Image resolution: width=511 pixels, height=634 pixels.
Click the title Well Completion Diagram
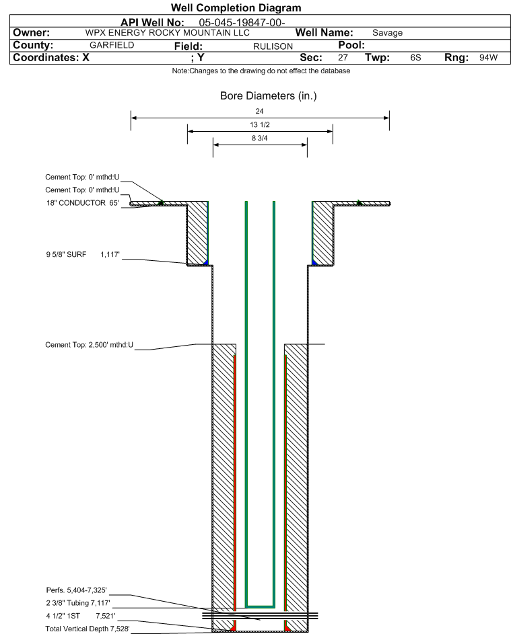(236, 7)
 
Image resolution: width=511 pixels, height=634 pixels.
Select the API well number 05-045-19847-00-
(242, 23)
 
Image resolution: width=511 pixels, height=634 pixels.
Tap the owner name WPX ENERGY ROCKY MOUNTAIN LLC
(167, 33)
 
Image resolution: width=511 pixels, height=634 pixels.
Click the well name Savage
(388, 33)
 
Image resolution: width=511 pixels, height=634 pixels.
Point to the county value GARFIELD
(112, 45)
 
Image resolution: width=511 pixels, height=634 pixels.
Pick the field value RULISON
(273, 46)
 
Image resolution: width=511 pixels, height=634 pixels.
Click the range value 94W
(488, 57)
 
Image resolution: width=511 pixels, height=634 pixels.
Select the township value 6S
(415, 57)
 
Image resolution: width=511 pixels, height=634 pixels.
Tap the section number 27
(343, 57)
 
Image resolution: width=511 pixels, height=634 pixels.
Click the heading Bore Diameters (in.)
(269, 96)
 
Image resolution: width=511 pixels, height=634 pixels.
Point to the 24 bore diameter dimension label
(260, 111)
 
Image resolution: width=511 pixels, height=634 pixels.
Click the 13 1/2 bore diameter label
(260, 124)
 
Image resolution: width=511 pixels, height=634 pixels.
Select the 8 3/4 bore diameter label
(260, 138)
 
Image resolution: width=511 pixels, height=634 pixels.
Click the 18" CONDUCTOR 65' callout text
(83, 203)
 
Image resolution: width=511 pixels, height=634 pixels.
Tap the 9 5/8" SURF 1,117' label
(83, 254)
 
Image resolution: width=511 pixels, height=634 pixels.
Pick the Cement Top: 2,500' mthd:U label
(89, 345)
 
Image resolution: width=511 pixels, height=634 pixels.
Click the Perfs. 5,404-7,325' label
(77, 590)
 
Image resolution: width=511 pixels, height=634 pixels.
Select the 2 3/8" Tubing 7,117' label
(78, 603)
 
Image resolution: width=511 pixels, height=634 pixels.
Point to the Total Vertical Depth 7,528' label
(88, 629)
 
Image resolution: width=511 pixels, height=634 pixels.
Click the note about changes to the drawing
(261, 71)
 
